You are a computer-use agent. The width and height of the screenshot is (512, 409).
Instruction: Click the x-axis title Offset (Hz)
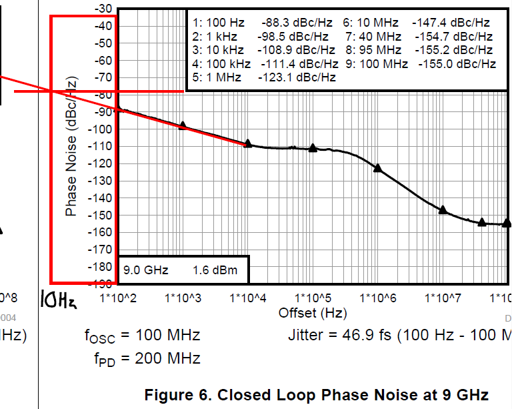pos(309,312)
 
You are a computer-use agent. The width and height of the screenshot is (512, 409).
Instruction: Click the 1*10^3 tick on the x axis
pos(183,296)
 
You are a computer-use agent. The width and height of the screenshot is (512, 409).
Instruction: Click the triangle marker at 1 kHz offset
pos(183,125)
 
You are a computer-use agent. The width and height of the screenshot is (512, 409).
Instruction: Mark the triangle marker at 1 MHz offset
pos(377,168)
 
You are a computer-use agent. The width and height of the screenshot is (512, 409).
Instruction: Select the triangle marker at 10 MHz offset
pos(443,210)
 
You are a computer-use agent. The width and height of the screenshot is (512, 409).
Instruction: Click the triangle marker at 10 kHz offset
pos(248,143)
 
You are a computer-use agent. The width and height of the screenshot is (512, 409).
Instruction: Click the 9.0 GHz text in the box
pos(145,270)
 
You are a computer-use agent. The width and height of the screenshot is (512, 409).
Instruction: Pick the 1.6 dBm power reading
pos(215,270)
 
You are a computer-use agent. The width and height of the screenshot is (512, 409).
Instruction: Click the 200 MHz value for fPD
pos(167,358)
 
